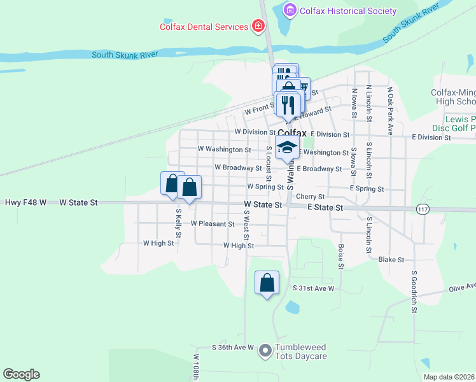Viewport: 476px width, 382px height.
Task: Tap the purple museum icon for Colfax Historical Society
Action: pos(290,11)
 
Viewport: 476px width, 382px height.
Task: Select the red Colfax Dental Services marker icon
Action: pos(258,27)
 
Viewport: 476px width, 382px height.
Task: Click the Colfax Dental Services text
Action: pos(204,27)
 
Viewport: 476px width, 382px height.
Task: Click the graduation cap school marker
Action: pos(287,146)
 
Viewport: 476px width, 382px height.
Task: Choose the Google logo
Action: pos(21,374)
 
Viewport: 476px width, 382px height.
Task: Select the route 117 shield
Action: pos(423,209)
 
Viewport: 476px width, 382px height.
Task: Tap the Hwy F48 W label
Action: pos(25,202)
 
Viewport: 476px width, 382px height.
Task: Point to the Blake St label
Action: pos(391,260)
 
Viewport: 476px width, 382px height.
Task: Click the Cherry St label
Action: pos(311,197)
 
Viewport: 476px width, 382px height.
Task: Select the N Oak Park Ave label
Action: pos(391,102)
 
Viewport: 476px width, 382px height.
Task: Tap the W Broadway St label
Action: pos(238,168)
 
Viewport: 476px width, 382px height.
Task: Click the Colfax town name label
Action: pos(292,133)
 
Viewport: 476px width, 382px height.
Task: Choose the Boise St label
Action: pos(341,255)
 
